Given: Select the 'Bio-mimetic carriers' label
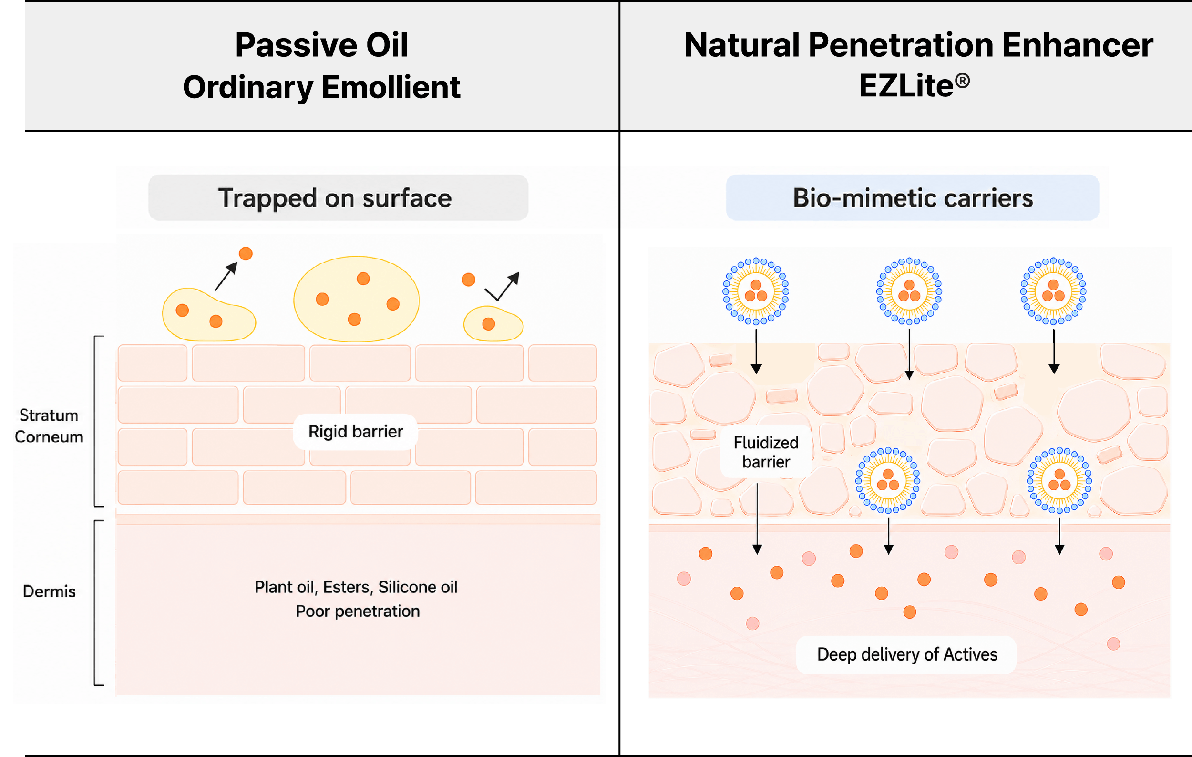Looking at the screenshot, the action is (913, 198).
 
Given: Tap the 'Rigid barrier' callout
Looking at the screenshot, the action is (355, 432).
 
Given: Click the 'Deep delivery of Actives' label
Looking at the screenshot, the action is (907, 654).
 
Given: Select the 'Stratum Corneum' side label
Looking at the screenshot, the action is (49, 426).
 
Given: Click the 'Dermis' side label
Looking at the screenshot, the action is (49, 591).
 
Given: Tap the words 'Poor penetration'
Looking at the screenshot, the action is (358, 611).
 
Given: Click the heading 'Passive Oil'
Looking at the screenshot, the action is (321, 45).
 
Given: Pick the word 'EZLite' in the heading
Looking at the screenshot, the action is (906, 86).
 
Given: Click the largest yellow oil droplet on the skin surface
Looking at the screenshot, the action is (357, 299).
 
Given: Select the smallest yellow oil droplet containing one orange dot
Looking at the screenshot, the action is (493, 323).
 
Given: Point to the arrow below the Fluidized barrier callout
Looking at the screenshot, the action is (757, 519).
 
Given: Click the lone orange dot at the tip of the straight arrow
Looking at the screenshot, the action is (246, 253).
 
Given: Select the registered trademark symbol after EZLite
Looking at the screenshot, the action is (962, 81).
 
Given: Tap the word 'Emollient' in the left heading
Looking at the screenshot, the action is (391, 87).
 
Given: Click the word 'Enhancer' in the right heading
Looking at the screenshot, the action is (1078, 45).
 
